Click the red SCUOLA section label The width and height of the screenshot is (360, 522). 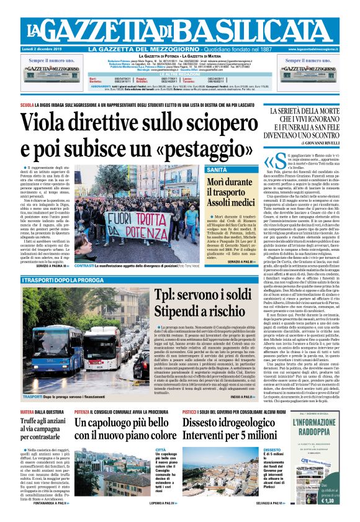(28, 105)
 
